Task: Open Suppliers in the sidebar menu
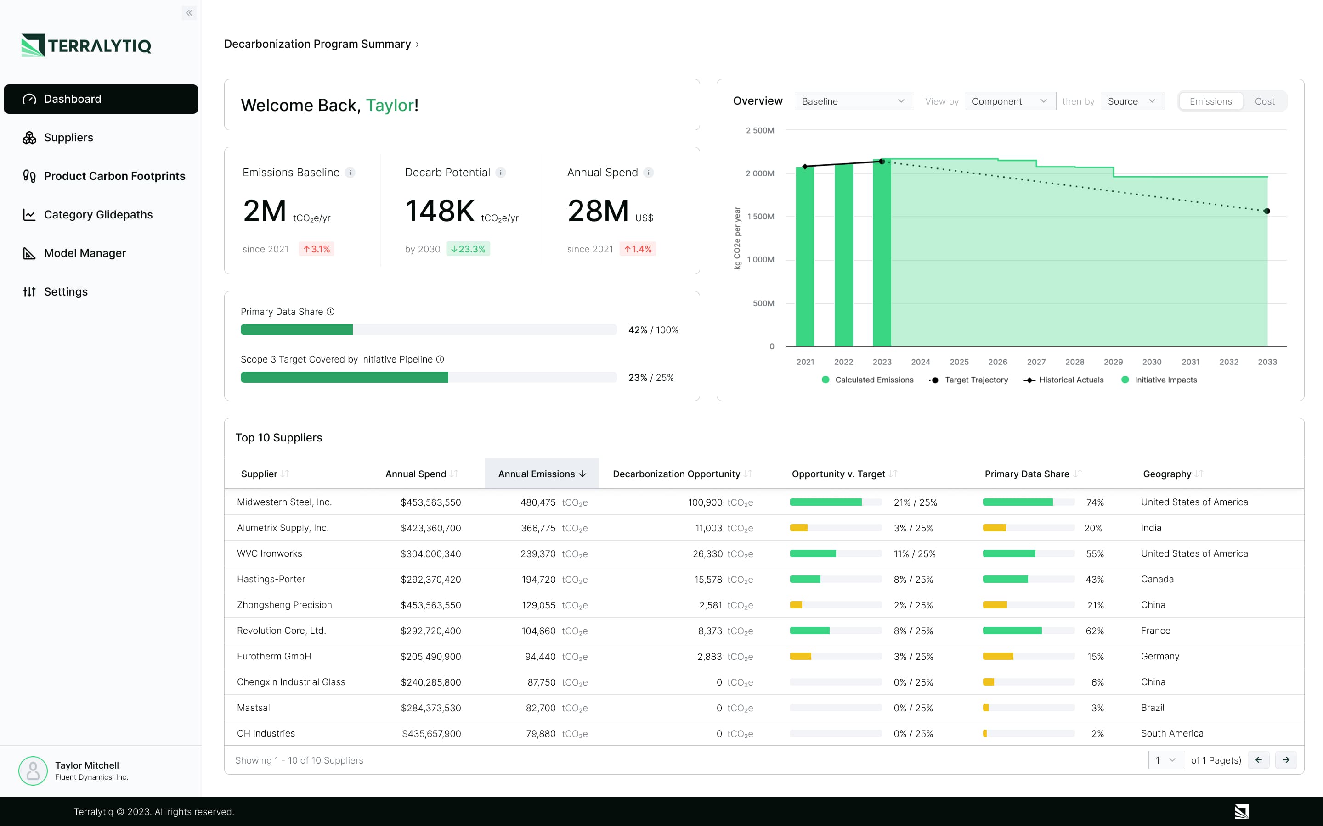[68, 138]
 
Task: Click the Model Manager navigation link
[85, 253]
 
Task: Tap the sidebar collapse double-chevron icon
[189, 12]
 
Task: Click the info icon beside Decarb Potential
[500, 173]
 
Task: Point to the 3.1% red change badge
[317, 249]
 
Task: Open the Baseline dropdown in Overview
[854, 101]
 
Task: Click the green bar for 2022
[843, 255]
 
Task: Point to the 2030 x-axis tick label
[1151, 362]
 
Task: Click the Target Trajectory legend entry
[976, 380]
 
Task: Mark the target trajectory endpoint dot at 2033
[1266, 211]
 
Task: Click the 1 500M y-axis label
[760, 216]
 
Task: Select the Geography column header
[1167, 474]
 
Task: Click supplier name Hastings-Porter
[271, 579]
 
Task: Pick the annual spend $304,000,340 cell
[430, 553]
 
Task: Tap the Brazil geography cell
[1153, 708]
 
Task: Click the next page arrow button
[1286, 760]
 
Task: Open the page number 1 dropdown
[1165, 760]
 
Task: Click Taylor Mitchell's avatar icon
[33, 770]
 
